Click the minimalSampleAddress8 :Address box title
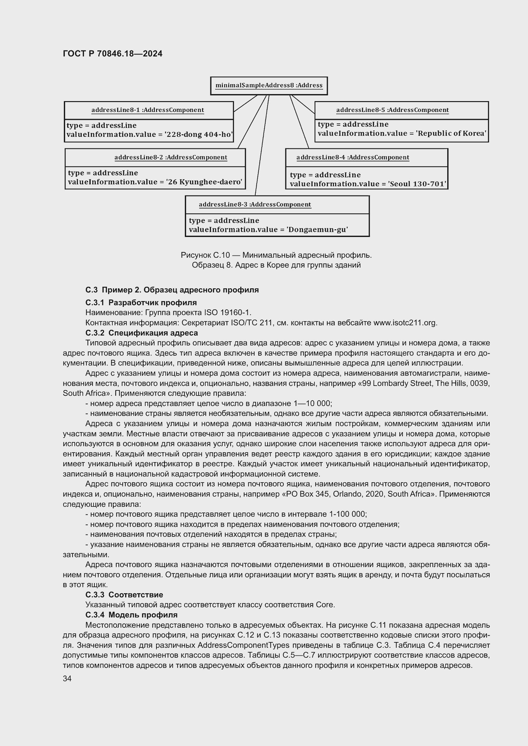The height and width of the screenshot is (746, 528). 269,85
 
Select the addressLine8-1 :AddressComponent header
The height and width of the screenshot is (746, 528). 147,110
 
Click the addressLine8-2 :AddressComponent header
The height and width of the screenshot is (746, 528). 171,158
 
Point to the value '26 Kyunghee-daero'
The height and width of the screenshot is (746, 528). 204,182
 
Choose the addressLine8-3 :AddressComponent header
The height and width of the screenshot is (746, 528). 255,205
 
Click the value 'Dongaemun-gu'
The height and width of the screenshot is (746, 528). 317,230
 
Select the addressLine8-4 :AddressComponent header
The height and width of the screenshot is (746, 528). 352,158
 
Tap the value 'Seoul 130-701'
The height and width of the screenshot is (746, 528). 418,184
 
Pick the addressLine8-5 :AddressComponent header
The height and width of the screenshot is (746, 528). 392,110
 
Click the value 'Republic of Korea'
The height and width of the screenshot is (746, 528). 451,134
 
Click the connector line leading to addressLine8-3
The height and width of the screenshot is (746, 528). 262,146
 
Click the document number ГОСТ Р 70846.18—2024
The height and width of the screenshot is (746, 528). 112,54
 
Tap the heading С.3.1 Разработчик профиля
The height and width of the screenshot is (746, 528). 141,303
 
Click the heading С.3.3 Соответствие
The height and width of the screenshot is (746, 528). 124,595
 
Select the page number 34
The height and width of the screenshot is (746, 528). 67,679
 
